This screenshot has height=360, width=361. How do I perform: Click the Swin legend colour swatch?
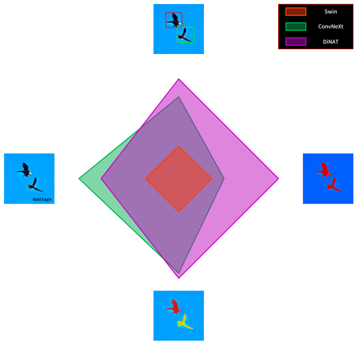pos(296,12)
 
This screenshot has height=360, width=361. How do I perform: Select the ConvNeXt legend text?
pos(330,27)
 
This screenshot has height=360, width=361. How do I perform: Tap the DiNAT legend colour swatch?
pos(296,42)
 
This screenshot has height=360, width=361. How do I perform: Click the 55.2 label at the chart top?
pos(179,76)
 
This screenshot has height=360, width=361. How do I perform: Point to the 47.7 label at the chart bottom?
pos(179,281)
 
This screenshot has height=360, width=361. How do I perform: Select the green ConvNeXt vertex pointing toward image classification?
pos(80,179)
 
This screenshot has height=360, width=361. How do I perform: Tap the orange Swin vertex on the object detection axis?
pos(179,146)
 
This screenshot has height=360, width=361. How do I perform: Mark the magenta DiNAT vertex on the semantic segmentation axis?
pos(278,179)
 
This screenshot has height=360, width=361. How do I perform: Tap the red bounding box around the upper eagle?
pos(174,20)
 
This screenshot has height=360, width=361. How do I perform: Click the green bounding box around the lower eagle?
pos(185,35)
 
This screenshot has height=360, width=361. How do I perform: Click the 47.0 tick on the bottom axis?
pos(179,248)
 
